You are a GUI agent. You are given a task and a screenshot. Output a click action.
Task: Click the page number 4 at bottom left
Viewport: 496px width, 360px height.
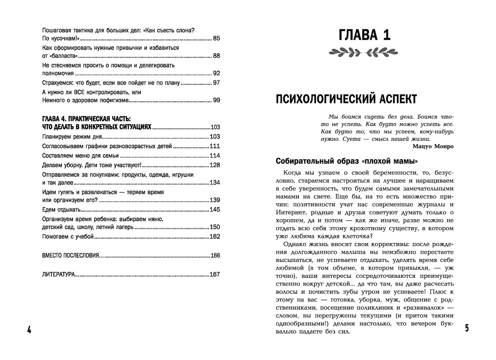pyautogui.click(x=29, y=330)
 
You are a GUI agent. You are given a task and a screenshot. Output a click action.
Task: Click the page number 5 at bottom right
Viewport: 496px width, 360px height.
pyautogui.click(x=467, y=328)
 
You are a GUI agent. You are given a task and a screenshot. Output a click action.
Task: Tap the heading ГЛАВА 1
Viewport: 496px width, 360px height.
pyautogui.click(x=365, y=36)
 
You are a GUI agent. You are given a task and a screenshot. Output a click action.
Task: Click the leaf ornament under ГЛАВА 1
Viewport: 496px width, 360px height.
pyautogui.click(x=363, y=53)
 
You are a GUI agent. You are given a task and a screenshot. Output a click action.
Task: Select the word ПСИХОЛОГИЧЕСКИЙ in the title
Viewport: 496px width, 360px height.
pyautogui.click(x=324, y=99)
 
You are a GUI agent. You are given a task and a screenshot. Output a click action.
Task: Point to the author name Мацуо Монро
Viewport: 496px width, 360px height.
pyautogui.click(x=433, y=146)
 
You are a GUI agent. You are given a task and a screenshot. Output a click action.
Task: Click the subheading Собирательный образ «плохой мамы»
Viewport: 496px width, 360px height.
pyautogui.click(x=347, y=162)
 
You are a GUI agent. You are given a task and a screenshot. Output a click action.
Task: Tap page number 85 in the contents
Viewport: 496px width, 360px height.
pyautogui.click(x=216, y=38)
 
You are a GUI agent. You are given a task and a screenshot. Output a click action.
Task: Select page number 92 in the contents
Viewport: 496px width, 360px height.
pyautogui.click(x=216, y=73)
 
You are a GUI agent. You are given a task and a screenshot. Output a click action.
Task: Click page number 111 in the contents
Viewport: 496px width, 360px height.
pyautogui.click(x=215, y=146)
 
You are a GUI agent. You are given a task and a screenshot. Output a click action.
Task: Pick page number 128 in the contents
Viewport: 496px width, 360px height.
pyautogui.click(x=215, y=165)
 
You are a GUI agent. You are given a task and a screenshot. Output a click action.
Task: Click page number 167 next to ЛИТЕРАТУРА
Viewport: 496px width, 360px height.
pyautogui.click(x=215, y=274)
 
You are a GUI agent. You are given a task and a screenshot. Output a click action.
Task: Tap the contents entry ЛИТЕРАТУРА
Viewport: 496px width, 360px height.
pyautogui.click(x=58, y=274)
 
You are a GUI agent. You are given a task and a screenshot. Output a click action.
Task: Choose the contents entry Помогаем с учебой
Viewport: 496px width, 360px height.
pyautogui.click(x=68, y=236)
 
